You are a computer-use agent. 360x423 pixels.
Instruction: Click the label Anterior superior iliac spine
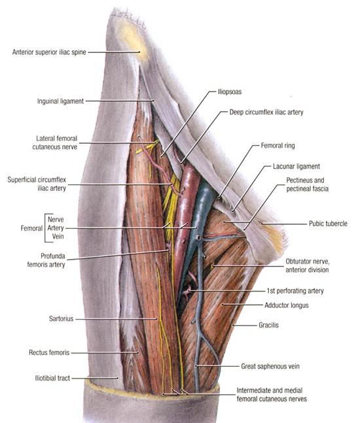(49, 52)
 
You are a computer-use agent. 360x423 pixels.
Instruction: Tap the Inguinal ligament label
(60, 101)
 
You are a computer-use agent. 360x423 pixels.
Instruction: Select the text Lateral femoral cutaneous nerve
(55, 143)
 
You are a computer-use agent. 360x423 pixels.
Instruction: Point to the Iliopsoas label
(230, 92)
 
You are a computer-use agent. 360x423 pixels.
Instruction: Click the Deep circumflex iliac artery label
(266, 112)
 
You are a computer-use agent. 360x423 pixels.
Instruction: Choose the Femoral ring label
(278, 146)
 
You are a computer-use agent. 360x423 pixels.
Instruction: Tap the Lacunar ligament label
(297, 167)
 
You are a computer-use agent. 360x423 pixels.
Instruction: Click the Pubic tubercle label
(328, 224)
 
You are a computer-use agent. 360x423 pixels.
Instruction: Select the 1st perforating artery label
(295, 291)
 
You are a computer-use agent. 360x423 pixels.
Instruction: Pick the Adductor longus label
(286, 305)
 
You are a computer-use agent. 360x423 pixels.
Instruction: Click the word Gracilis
(268, 325)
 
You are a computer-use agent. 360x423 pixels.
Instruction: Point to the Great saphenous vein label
(270, 366)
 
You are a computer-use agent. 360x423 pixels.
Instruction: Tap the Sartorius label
(61, 318)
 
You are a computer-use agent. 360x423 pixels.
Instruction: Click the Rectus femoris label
(49, 352)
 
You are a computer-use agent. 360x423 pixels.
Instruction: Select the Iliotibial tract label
(52, 379)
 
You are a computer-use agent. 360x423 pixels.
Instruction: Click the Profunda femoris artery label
(46, 260)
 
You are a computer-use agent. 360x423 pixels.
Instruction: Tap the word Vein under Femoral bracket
(58, 237)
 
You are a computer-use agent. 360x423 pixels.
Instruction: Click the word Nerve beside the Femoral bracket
(56, 219)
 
